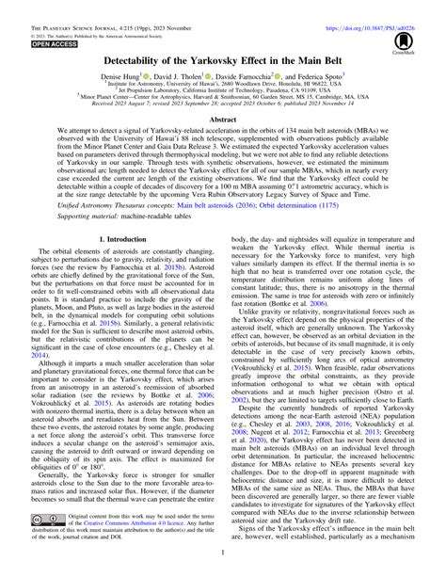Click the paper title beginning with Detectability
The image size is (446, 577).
click(x=222, y=56)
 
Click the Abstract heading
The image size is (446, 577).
click(x=222, y=120)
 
